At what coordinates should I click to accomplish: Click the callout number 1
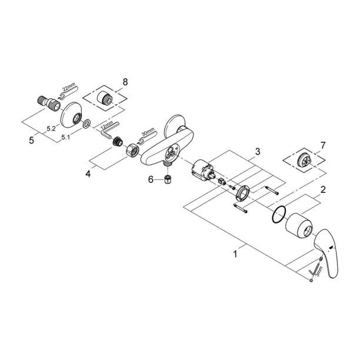(x=235, y=255)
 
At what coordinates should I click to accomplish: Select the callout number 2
(x=322, y=190)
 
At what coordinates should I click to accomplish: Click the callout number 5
(x=32, y=141)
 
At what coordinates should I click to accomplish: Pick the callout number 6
(x=151, y=180)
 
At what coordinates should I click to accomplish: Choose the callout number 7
(x=321, y=145)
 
